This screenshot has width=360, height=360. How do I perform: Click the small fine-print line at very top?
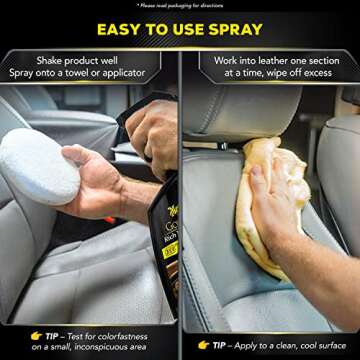pyautogui.click(x=179, y=5)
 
